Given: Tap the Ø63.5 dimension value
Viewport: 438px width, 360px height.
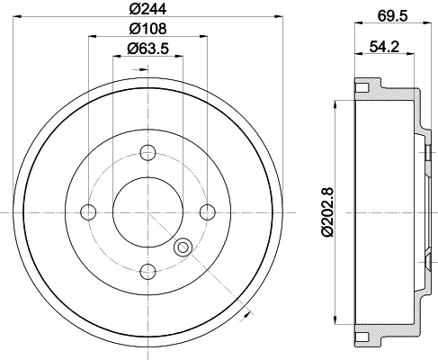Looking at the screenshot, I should click(148, 49).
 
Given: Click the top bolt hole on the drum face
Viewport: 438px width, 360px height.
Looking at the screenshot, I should click(148, 152).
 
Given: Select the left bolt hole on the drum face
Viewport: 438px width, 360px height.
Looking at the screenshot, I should click(88, 212).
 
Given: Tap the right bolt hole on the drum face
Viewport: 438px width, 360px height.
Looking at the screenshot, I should click(208, 211).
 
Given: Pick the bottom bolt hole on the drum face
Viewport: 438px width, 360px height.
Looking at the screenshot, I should click(148, 268).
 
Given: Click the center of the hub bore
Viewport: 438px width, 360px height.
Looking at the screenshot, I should click(148, 211).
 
